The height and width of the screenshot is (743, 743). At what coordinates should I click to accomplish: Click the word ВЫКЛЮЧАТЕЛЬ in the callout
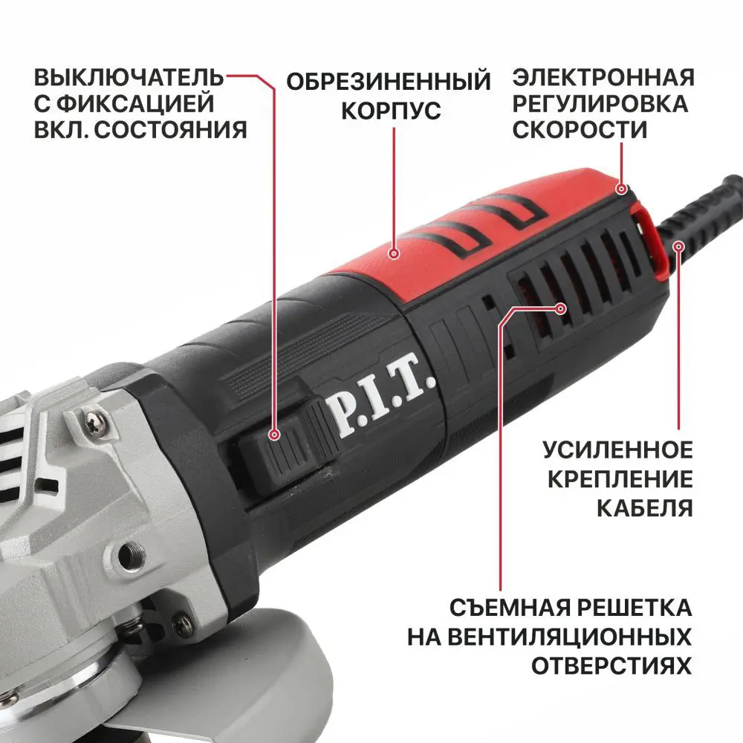129,78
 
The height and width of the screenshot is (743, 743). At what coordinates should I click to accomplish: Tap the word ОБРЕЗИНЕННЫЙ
389,81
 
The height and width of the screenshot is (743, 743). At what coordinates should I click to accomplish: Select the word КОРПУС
390,111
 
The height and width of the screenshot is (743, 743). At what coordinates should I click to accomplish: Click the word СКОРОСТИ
580,129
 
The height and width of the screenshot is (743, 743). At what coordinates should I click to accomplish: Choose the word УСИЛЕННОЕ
617,450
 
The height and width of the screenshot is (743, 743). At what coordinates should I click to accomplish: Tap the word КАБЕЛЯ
645,508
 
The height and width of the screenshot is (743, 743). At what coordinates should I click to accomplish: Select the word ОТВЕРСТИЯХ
611,664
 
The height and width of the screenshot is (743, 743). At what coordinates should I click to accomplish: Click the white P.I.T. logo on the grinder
378,406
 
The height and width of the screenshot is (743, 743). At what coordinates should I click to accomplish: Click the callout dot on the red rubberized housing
395,254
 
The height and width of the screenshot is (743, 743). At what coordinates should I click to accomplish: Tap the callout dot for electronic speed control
620,190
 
